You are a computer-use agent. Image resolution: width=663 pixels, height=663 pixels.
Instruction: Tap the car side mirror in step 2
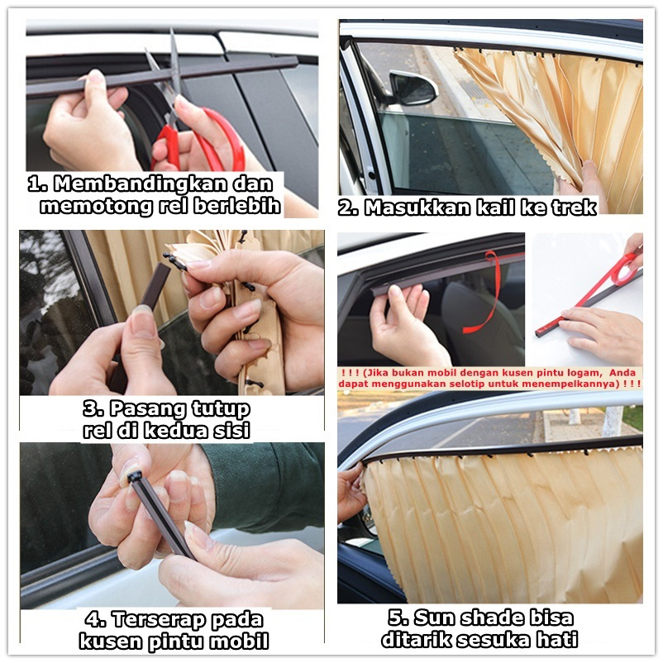pos(411,88)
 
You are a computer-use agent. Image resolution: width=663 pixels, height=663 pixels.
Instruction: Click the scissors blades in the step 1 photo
pos(171,70)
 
